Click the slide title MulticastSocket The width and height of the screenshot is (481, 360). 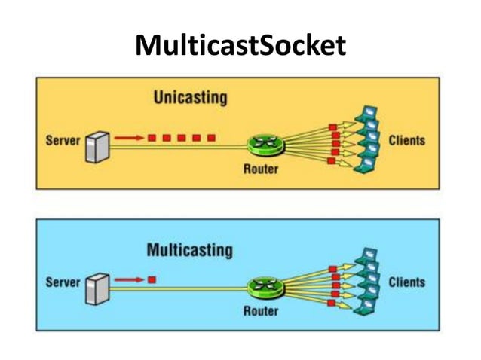240,46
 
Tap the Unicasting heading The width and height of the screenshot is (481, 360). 190,98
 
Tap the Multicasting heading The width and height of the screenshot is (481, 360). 190,249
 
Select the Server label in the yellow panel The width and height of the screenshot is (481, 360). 63,141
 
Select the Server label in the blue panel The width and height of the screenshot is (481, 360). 63,282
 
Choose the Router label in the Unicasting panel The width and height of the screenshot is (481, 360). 261,168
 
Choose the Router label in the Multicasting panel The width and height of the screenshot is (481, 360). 261,310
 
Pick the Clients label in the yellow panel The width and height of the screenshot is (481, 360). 406,140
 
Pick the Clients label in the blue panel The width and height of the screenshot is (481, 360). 406,282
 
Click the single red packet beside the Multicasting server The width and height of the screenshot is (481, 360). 152,279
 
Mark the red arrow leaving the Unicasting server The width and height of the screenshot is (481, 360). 130,138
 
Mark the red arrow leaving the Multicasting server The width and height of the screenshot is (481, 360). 130,279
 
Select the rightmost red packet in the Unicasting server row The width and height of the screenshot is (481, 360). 212,138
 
